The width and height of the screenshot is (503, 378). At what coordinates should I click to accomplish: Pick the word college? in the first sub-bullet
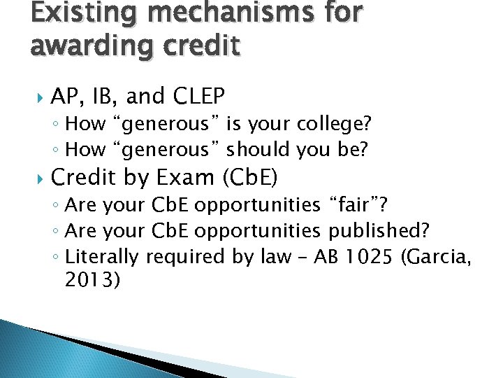click(334, 125)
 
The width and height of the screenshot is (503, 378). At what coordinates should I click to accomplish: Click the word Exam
click(187, 178)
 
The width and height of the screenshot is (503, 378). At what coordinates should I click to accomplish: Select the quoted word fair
click(356, 205)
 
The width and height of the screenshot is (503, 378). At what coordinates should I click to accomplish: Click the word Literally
click(102, 257)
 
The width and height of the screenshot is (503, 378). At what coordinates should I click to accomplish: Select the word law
click(273, 257)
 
